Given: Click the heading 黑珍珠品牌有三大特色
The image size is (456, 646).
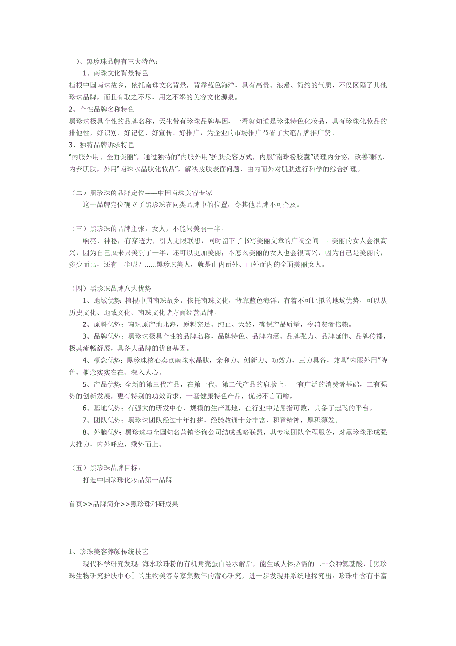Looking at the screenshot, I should pyautogui.click(x=121, y=62).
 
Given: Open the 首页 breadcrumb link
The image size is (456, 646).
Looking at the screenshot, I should pyautogui.click(x=76, y=504).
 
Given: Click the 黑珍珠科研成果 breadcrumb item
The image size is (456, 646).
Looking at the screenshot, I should pyautogui.click(x=154, y=504).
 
